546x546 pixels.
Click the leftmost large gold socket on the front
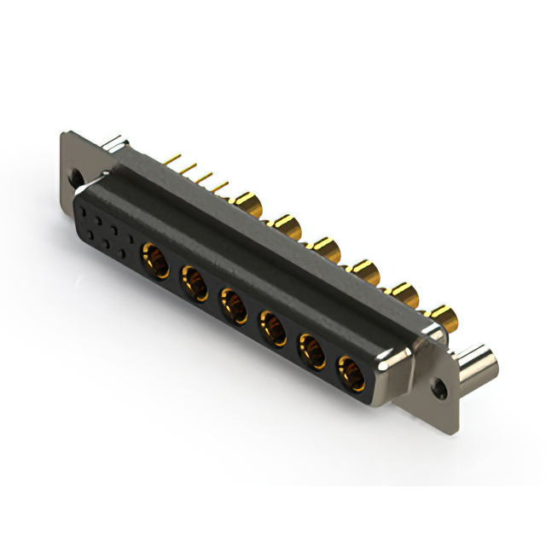[154, 256]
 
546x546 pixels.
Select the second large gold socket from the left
[194, 281]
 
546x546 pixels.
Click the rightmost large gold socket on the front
[350, 373]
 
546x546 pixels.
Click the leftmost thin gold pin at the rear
[177, 159]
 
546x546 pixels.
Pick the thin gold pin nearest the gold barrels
[224, 185]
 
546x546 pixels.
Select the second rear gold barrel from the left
[284, 226]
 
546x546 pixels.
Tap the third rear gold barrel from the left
[324, 249]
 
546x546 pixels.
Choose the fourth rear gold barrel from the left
[364, 272]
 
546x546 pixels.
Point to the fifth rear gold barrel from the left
[404, 295]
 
